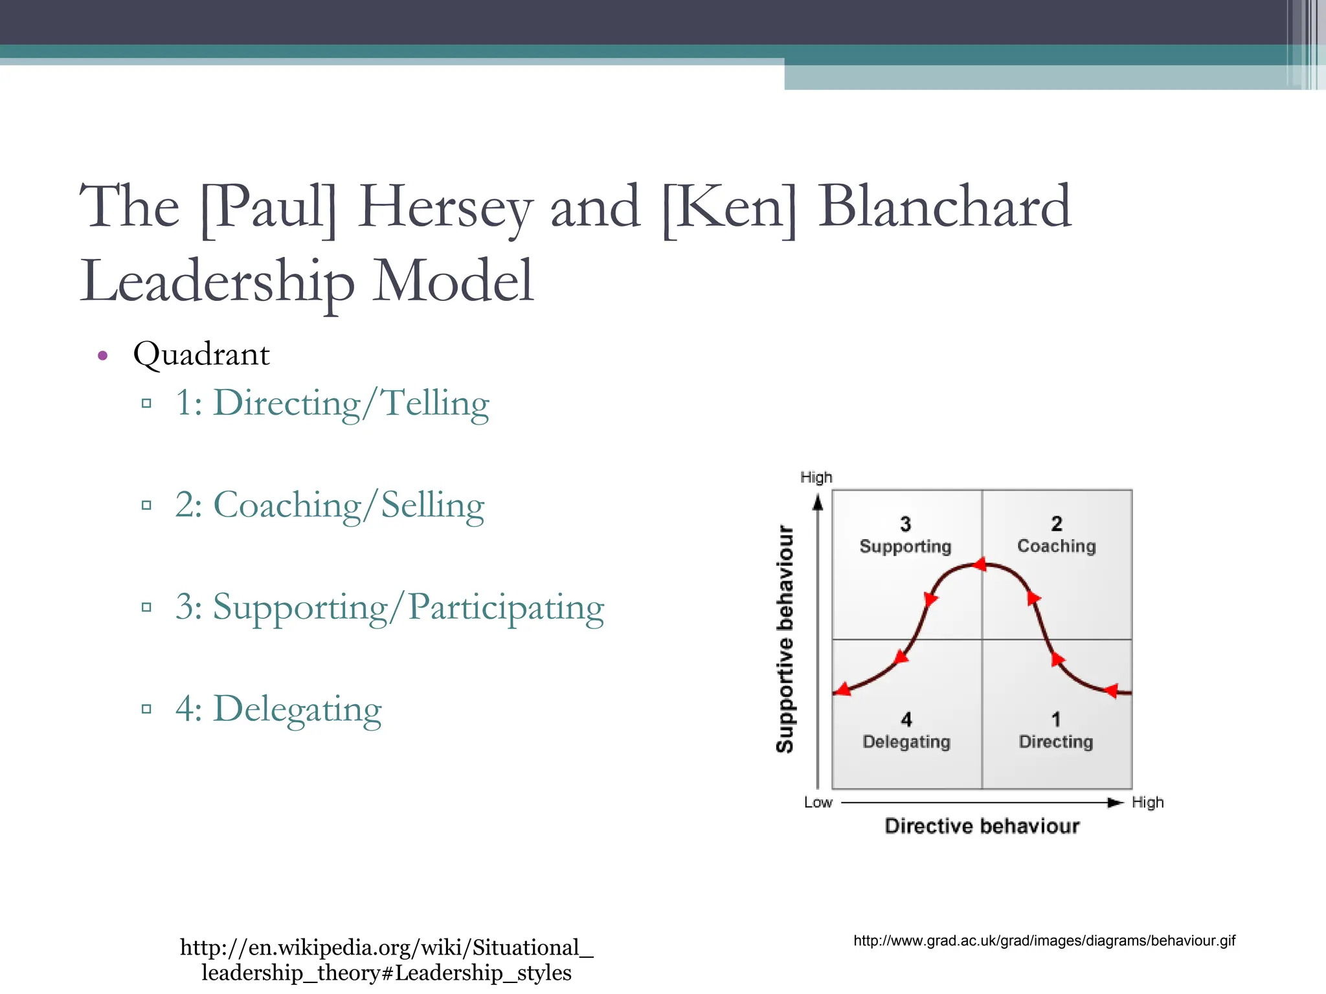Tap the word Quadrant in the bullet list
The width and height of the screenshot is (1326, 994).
(x=201, y=355)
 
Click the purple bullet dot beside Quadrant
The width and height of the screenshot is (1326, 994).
(x=102, y=355)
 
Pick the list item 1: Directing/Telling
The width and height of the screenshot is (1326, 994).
(x=331, y=403)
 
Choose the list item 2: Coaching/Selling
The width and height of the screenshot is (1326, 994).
(x=329, y=505)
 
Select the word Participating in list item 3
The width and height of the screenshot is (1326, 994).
(x=506, y=608)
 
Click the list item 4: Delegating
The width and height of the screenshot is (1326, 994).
(x=278, y=709)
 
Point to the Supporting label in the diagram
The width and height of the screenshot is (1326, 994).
(x=905, y=547)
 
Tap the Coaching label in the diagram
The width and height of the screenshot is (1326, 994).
(x=1057, y=546)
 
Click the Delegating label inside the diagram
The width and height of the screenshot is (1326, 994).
(x=906, y=742)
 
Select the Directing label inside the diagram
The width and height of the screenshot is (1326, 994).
(x=1056, y=742)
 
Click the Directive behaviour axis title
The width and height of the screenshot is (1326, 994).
(x=982, y=826)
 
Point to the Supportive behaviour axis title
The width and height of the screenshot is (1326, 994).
(x=785, y=639)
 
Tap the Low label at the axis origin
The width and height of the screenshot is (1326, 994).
(x=818, y=802)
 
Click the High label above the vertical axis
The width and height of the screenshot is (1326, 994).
(x=816, y=478)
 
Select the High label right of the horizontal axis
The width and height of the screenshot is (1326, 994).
(x=1147, y=802)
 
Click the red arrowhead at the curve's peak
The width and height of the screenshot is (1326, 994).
(x=980, y=565)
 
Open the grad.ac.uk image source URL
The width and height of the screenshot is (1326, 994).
(x=1044, y=941)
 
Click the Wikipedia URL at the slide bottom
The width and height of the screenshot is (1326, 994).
(x=387, y=960)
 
